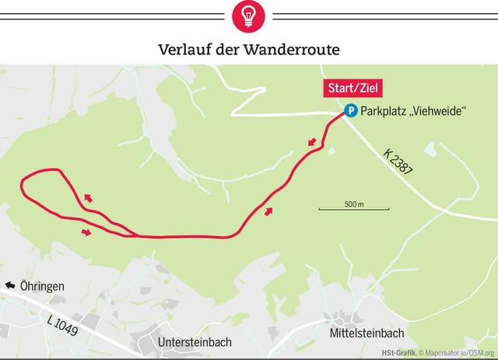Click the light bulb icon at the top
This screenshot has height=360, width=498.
tap(249, 15)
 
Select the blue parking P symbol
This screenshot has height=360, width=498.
tap(351, 111)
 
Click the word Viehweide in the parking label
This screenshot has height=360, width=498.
tap(438, 112)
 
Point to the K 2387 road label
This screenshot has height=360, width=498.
tap(398, 159)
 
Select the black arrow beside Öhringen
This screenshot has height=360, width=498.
tap(10, 286)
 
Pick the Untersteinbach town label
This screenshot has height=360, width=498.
tap(195, 341)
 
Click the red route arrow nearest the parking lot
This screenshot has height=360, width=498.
tap(312, 142)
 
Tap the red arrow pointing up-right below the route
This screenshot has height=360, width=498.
tap(269, 211)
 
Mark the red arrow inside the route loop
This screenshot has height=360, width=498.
tap(88, 197)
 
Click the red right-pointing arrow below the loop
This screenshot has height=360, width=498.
tap(86, 231)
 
